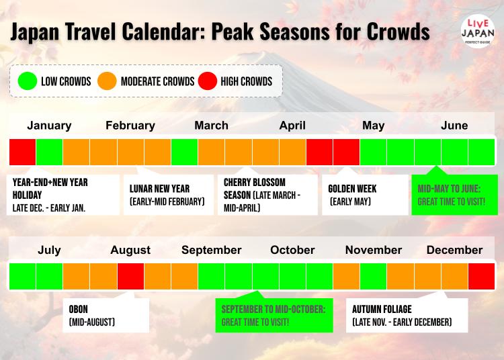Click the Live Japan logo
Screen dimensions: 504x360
tap(478, 31)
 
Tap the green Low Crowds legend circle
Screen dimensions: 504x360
tap(28, 81)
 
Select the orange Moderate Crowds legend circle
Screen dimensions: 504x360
tap(107, 81)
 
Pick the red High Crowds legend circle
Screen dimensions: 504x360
tap(208, 81)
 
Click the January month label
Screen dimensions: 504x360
tap(49, 125)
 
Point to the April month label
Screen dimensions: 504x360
tap(292, 125)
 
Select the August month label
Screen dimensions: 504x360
tap(130, 250)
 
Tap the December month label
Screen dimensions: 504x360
tap(454, 250)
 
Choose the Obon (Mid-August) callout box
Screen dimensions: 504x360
tap(106, 315)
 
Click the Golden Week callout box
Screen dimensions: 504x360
tap(365, 195)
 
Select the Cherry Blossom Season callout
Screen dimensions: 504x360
tap(267, 195)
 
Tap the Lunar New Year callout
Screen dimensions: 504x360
tap(169, 195)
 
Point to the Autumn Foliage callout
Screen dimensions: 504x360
tap(407, 315)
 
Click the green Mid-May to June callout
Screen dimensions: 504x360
tap(454, 195)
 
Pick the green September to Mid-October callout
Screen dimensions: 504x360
tap(274, 315)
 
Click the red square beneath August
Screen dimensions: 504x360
tap(130, 276)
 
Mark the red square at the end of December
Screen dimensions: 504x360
tap(481, 276)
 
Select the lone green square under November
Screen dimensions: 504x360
tap(373, 276)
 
